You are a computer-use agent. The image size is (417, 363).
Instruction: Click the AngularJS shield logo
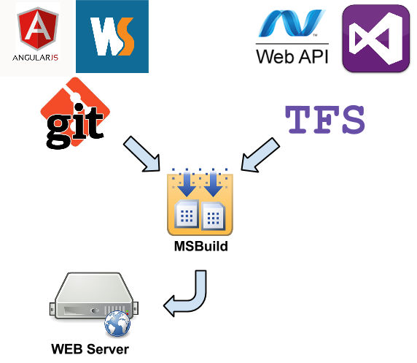pos(38,28)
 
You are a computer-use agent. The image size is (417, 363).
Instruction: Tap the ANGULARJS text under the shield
pos(36,58)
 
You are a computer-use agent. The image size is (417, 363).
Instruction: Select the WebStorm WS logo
pos(112,37)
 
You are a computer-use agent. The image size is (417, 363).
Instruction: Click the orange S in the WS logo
pos(125,37)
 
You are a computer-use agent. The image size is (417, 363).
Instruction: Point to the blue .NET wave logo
pos(292,23)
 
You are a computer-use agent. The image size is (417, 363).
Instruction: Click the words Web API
pos(292,56)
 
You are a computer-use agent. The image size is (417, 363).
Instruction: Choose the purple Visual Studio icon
pos(375,39)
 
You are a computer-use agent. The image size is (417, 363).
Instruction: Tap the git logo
pos(75,112)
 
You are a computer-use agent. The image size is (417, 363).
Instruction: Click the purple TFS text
pos(324,120)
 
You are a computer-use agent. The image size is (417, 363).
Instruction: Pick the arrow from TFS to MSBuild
pos(260,156)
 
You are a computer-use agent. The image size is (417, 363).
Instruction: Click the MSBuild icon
pos(200,202)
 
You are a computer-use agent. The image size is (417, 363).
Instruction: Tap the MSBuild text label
pos(201,246)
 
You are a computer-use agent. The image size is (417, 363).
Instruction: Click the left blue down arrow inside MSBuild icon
pos(187,183)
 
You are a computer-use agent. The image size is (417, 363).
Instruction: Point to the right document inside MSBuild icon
pos(214,216)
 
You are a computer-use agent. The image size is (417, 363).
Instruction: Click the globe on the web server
pos(117,324)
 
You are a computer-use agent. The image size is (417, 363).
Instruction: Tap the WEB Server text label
pos(90,349)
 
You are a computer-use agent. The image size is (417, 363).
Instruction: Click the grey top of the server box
pos(94,287)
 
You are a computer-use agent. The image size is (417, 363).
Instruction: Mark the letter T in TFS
pos(297,120)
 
